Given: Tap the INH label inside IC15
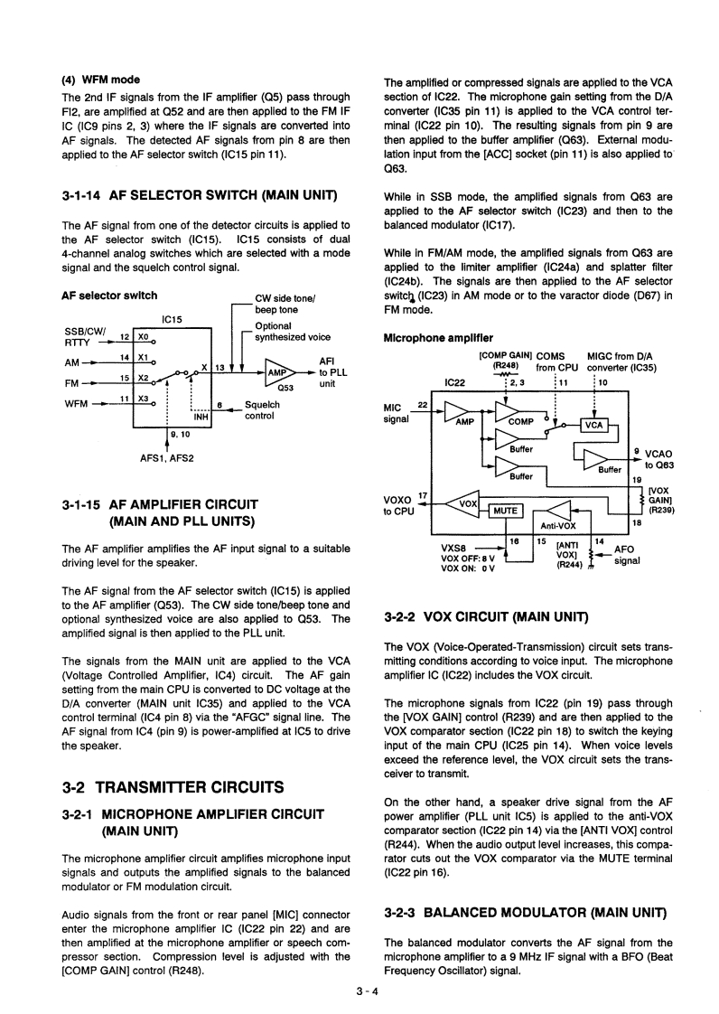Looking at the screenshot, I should pyautogui.click(x=201, y=417).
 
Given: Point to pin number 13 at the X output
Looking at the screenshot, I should pyautogui.click(x=219, y=365).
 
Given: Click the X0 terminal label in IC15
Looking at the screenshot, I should pyautogui.click(x=144, y=335).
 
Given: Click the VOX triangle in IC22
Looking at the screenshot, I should pyautogui.click(x=466, y=503).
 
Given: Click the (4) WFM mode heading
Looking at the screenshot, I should pyautogui.click(x=99, y=80).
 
